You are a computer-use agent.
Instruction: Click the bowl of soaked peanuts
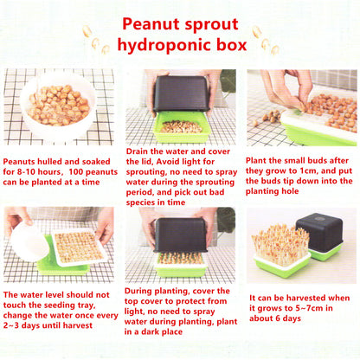click(57, 107)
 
